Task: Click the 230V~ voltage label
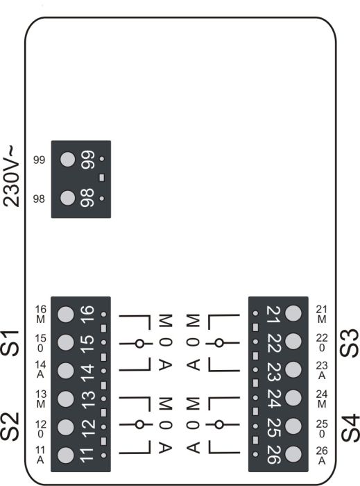pyautogui.click(x=12, y=176)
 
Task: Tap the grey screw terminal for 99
pyautogui.click(x=68, y=159)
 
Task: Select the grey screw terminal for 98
pyautogui.click(x=68, y=198)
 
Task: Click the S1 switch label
pyautogui.click(x=10, y=343)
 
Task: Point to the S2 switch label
pyautogui.click(x=10, y=427)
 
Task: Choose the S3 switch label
pyautogui.click(x=350, y=343)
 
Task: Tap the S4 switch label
pyautogui.click(x=350, y=428)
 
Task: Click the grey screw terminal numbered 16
pyautogui.click(x=66, y=314)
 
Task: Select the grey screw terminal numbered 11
pyautogui.click(x=66, y=455)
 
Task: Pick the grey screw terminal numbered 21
pyautogui.click(x=293, y=313)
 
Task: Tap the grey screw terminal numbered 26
pyautogui.click(x=293, y=454)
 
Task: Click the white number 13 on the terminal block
pyautogui.click(x=87, y=399)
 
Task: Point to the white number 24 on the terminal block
pyautogui.click(x=273, y=399)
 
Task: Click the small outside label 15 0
pyautogui.click(x=40, y=343)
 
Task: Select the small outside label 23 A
pyautogui.click(x=322, y=370)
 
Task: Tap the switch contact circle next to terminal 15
pyautogui.click(x=139, y=344)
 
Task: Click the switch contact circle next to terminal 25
pyautogui.click(x=219, y=425)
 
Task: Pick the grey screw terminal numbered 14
pyautogui.click(x=66, y=370)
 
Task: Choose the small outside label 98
pyautogui.click(x=39, y=199)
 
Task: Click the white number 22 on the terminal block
pyautogui.click(x=273, y=343)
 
